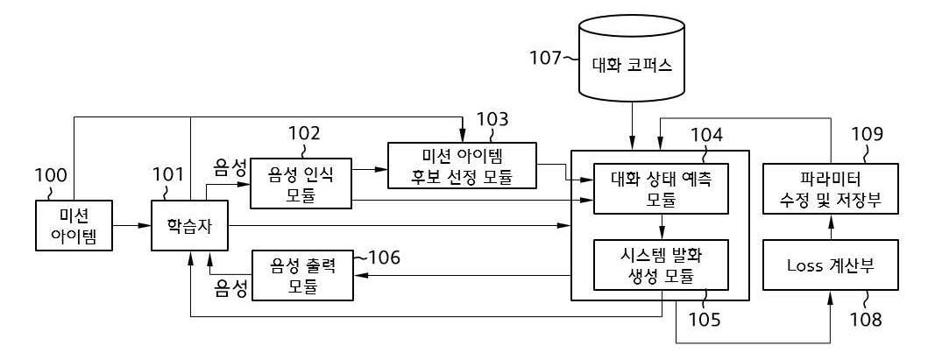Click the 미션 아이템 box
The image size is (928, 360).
(74, 226)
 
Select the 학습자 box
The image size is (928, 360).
(190, 226)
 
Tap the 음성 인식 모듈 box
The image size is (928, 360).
(301, 182)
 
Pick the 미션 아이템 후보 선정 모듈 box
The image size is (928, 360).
(462, 165)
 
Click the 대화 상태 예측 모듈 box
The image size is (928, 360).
(661, 187)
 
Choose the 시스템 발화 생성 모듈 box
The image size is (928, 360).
(661, 264)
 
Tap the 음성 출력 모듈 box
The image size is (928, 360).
(302, 273)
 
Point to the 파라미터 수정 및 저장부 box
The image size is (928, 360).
(830, 187)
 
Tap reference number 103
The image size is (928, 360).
(492, 118)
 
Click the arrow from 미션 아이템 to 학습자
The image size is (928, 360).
(132, 226)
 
